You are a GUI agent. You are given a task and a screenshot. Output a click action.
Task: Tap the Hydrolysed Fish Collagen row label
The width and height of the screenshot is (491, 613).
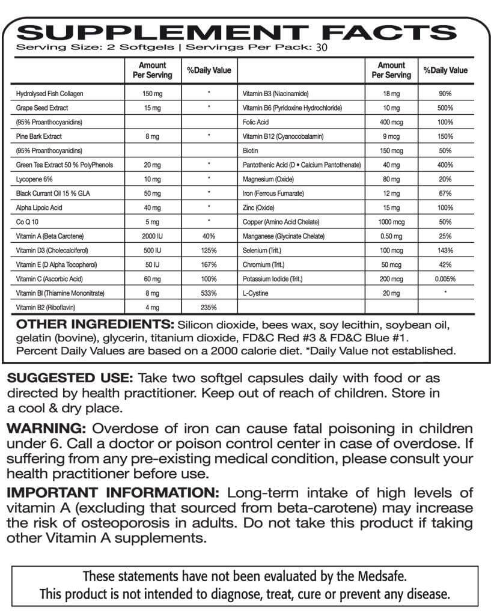click(50, 94)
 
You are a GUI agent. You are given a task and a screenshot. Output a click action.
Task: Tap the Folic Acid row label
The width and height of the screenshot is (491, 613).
click(255, 123)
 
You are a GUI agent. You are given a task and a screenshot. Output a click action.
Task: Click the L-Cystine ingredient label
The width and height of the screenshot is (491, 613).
click(255, 293)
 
